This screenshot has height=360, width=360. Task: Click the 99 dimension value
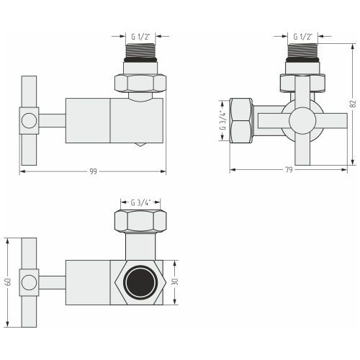coord(93,171)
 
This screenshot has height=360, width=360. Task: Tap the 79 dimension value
coord(289,170)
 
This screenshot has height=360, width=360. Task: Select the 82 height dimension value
coord(353,104)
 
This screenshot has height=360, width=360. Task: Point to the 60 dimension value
coord(8,282)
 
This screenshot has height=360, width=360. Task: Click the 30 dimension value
coord(175,282)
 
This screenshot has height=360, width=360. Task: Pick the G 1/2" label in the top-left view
coord(140,37)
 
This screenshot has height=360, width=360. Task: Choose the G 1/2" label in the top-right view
coord(302,37)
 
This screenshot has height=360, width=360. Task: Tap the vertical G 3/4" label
coord(223,120)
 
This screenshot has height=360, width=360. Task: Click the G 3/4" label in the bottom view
coord(140,203)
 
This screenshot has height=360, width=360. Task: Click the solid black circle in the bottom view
coord(140,282)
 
